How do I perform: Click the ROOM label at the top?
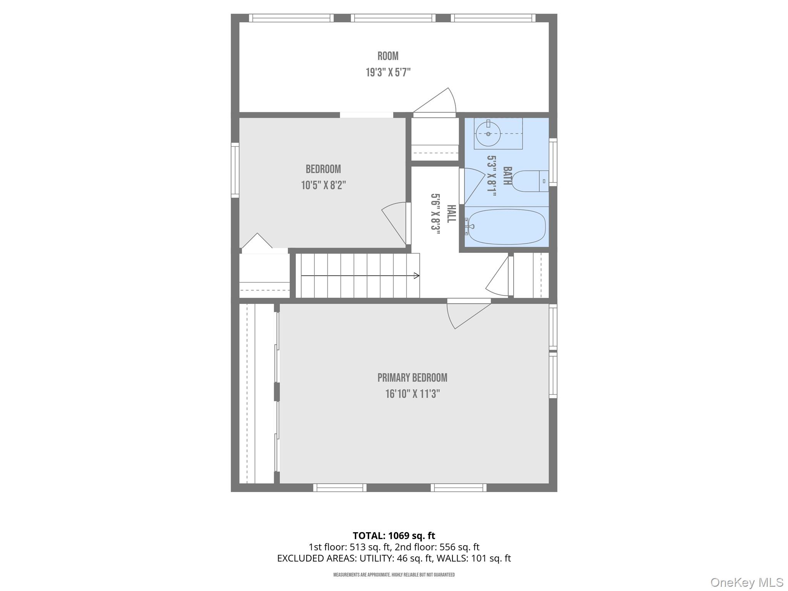(x=388, y=56)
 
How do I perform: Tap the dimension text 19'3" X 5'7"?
(x=388, y=72)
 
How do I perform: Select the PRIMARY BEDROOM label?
(x=412, y=378)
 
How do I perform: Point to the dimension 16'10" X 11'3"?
(x=412, y=394)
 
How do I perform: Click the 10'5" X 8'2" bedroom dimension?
(x=323, y=185)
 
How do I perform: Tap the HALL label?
(x=451, y=214)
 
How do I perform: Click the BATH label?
(x=507, y=176)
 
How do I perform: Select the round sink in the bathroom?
(x=488, y=134)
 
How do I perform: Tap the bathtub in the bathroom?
(x=506, y=227)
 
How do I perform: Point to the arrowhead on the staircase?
(x=416, y=275)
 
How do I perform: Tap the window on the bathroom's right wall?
(x=553, y=162)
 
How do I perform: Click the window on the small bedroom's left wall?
(x=235, y=170)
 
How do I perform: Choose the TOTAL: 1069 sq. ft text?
(x=394, y=536)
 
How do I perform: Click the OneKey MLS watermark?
(x=746, y=583)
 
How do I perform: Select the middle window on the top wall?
(x=393, y=18)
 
